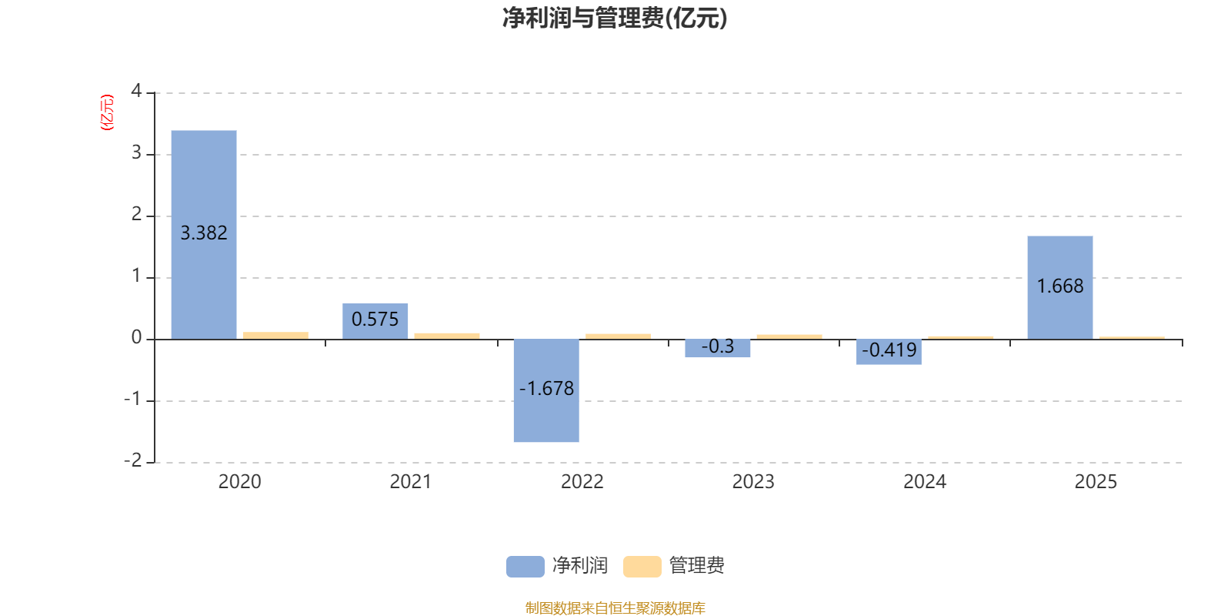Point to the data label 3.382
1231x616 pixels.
tap(204, 233)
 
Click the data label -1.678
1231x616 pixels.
tap(546, 389)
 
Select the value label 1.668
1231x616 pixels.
tap(1060, 286)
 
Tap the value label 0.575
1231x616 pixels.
tap(375, 319)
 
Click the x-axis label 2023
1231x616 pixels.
tap(753, 482)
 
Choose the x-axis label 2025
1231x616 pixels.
tap(1096, 482)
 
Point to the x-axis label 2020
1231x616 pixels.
tap(239, 482)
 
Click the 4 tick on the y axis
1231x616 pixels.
tap(136, 92)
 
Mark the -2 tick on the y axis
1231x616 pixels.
tap(133, 460)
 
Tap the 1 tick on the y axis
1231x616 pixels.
tap(136, 276)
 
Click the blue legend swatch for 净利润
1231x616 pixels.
tap(525, 566)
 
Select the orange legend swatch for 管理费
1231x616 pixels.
tap(642, 566)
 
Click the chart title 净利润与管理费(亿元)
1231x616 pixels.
tap(615, 18)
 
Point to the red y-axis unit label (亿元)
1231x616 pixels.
tap(107, 112)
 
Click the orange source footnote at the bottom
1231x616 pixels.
tap(615, 608)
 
